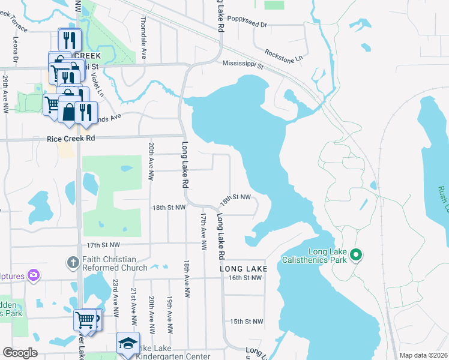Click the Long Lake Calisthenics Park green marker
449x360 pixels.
point(355,256)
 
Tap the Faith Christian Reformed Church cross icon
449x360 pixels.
point(72,262)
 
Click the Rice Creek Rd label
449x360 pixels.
point(71,139)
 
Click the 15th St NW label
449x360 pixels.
point(246,322)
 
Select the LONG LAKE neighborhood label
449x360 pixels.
point(243,269)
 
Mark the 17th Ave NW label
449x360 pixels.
point(203,231)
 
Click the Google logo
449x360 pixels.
point(20,353)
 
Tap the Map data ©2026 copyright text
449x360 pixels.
point(423,355)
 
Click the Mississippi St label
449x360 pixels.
point(243,64)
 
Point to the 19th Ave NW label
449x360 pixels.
point(170,314)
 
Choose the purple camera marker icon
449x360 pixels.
point(34,275)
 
